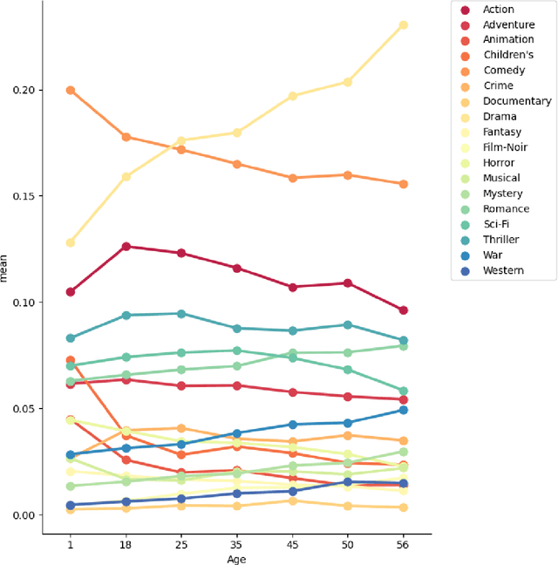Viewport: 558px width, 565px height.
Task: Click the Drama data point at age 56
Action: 403,25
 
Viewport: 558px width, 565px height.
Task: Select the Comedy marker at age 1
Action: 70,90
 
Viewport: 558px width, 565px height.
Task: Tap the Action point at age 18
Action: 126,247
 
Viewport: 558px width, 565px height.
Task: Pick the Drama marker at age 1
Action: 70,242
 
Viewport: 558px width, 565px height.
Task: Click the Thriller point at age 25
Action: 181,314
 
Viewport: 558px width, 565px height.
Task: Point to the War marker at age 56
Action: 403,410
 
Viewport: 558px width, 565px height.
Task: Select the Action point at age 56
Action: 403,310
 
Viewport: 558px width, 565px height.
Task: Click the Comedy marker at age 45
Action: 292,178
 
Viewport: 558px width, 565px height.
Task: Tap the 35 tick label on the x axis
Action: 236,541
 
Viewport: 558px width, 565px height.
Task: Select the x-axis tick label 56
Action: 403,541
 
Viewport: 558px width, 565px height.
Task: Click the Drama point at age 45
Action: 292,96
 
